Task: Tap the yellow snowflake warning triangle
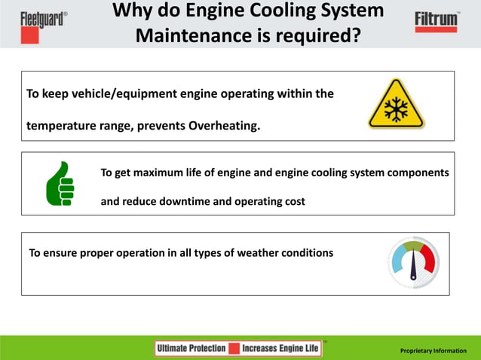click(x=396, y=106)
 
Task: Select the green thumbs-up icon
click(x=60, y=184)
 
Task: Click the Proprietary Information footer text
click(x=434, y=351)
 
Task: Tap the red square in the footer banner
click(x=234, y=348)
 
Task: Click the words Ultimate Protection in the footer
click(x=191, y=348)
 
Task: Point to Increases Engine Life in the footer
click(x=280, y=348)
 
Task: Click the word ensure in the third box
click(x=61, y=252)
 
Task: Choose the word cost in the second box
click(x=293, y=201)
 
